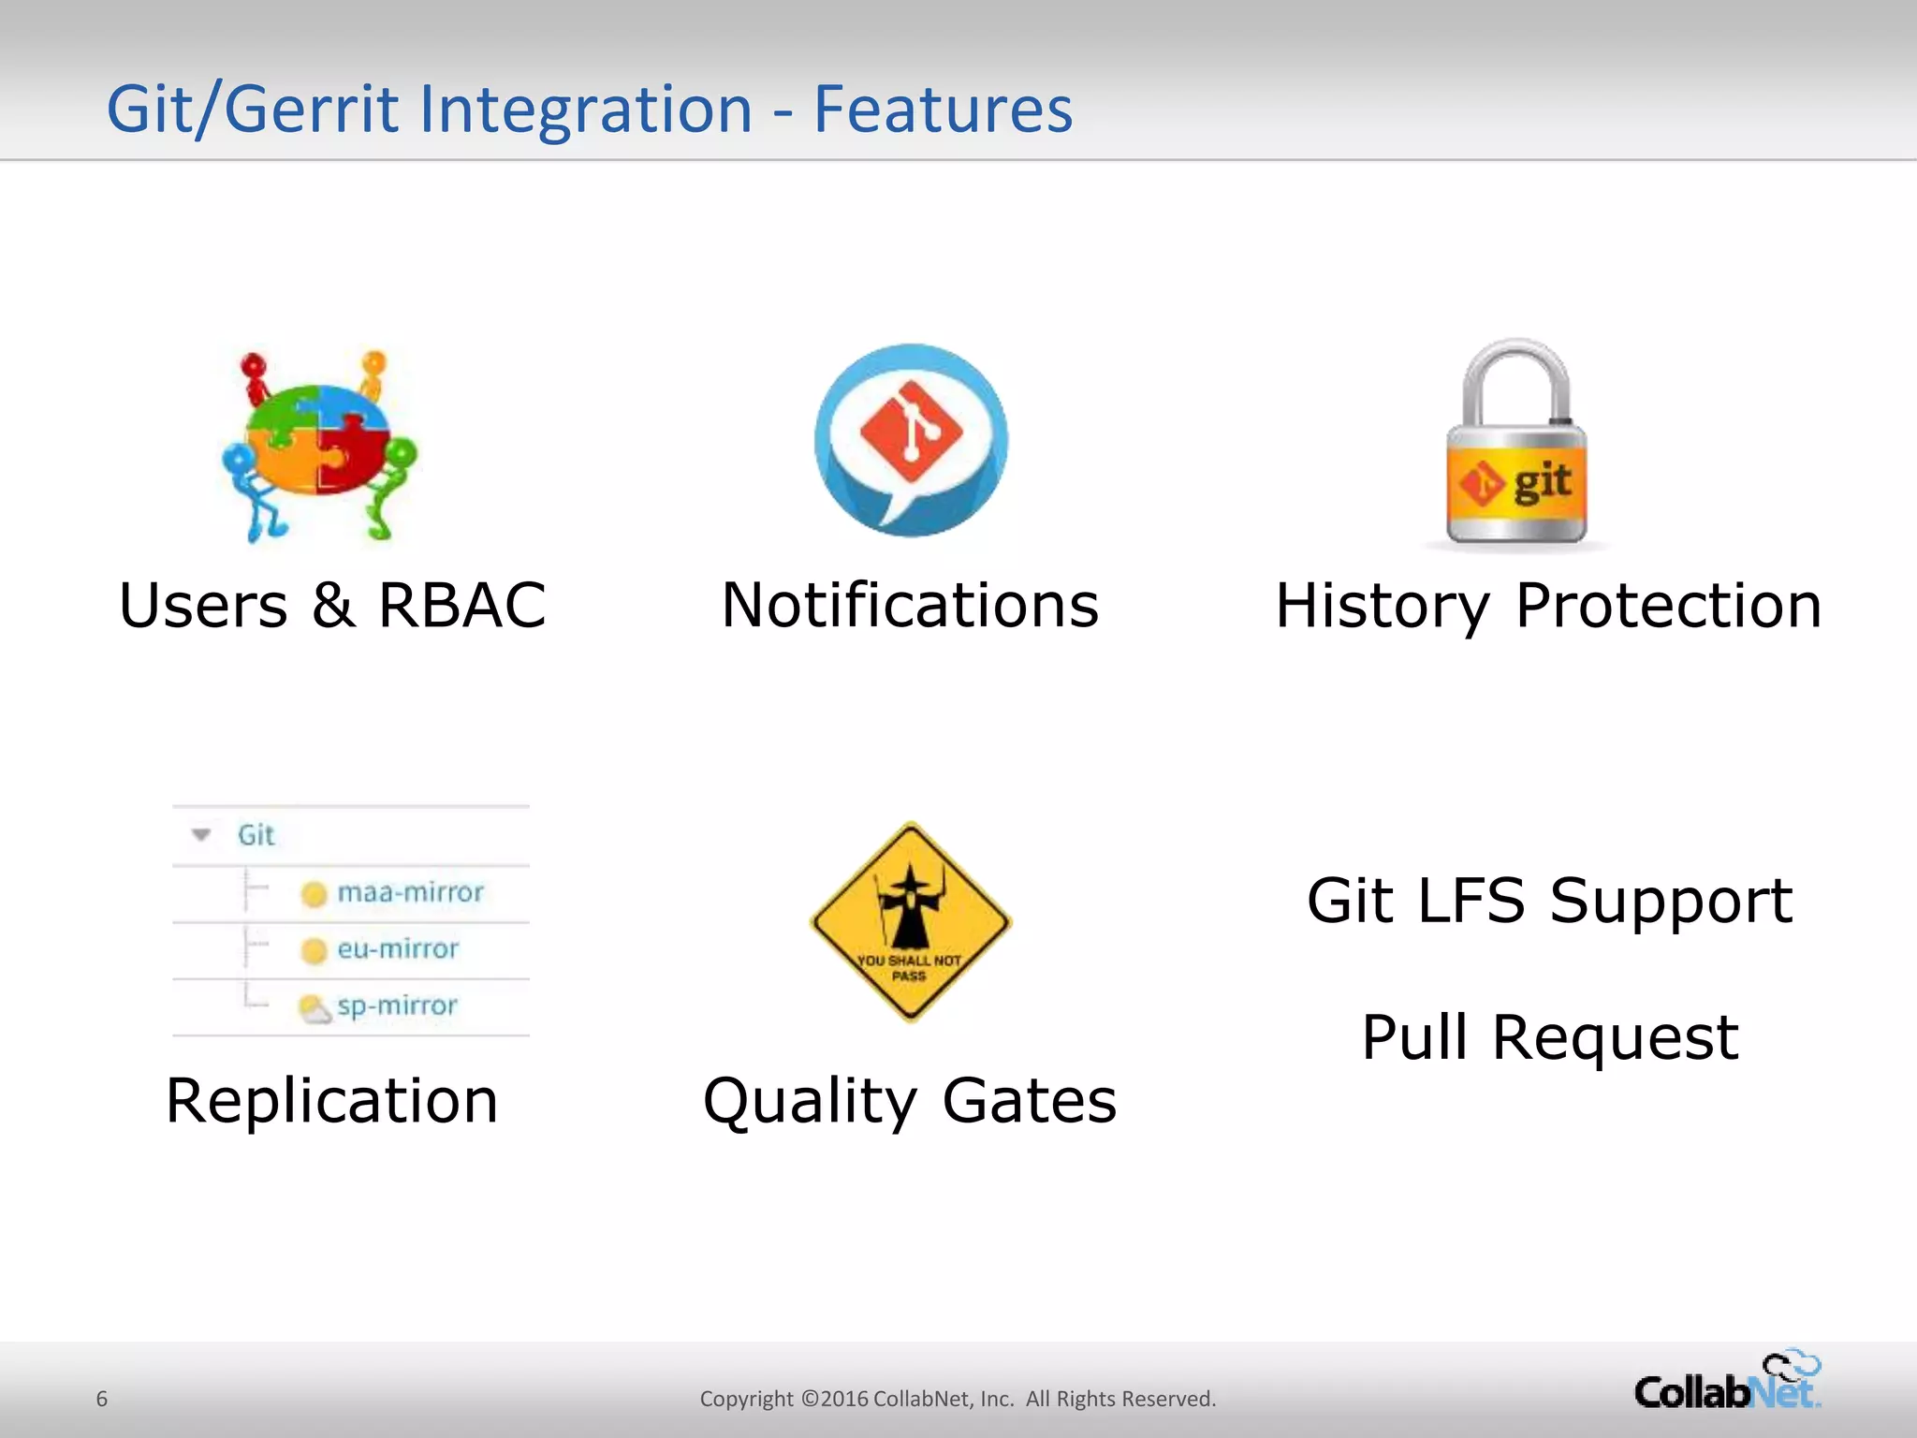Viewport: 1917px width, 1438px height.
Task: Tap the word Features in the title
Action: click(x=943, y=110)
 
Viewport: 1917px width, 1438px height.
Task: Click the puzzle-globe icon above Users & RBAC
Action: click(x=319, y=445)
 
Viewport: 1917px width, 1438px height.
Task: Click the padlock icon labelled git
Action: click(x=1516, y=445)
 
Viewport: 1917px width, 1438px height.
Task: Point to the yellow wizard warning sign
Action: click(x=910, y=922)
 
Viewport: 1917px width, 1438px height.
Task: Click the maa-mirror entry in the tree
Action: click(x=410, y=892)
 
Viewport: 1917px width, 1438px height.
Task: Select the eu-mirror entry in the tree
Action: click(x=398, y=949)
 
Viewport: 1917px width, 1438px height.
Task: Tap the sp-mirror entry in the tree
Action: click(x=397, y=1006)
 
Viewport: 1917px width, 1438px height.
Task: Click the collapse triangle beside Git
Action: click(x=201, y=834)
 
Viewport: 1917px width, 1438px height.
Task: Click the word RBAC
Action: click(x=461, y=606)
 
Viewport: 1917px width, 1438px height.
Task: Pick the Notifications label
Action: click(x=910, y=606)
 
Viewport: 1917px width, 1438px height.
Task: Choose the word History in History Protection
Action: click(x=1382, y=606)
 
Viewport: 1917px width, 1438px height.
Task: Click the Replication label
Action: click(x=331, y=1100)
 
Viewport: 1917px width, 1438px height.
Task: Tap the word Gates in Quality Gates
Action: click(x=1029, y=1100)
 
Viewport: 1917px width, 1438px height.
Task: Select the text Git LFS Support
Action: click(x=1549, y=901)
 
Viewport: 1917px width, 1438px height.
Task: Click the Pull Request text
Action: click(x=1549, y=1037)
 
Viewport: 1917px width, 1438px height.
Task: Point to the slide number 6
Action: click(x=102, y=1399)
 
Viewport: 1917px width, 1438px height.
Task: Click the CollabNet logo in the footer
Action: click(x=1727, y=1383)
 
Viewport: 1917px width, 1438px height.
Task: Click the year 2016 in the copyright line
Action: click(x=844, y=1399)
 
